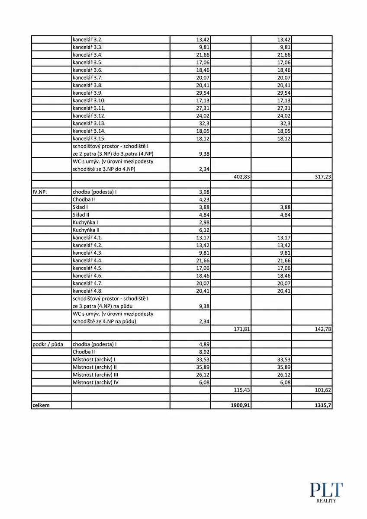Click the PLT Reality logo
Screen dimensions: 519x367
coord(326,492)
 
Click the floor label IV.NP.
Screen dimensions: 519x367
coord(39,192)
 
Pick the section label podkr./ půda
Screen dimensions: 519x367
coord(48,344)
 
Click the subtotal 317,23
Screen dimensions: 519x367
coord(322,176)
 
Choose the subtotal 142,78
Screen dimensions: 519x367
coord(322,329)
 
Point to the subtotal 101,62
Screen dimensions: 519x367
coord(322,390)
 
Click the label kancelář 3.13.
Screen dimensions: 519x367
coord(89,123)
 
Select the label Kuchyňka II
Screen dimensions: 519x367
coord(86,230)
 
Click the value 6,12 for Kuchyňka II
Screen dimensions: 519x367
coord(204,230)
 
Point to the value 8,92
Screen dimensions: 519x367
coord(204,352)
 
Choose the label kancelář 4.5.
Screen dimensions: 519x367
coord(87,268)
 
